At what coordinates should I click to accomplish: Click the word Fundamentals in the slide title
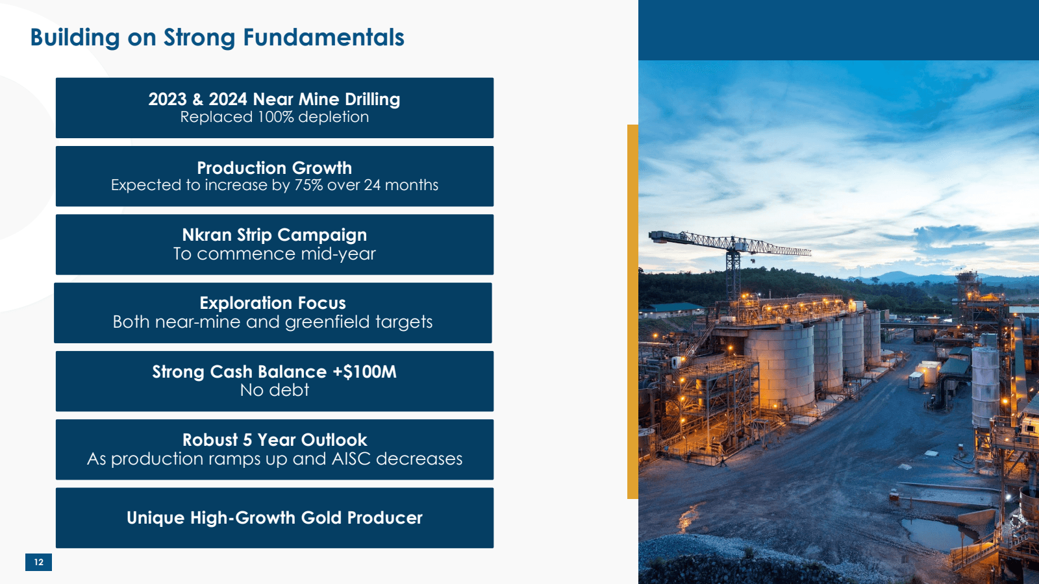click(323, 37)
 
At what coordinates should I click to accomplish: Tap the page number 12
click(38, 562)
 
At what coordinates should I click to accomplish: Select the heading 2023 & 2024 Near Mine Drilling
click(274, 99)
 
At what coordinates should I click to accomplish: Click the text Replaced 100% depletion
click(274, 117)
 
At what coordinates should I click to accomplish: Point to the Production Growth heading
click(274, 168)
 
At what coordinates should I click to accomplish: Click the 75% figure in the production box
click(308, 185)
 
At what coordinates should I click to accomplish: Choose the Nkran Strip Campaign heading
click(274, 235)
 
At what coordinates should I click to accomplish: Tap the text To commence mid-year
click(274, 254)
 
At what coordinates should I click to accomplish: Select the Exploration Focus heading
click(273, 303)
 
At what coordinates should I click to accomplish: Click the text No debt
click(274, 390)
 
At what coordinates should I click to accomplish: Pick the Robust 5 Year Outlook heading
click(274, 440)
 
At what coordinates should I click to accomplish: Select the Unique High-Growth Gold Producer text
click(274, 518)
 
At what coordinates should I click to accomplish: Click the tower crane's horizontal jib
click(730, 243)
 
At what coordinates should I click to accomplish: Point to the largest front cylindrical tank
click(780, 365)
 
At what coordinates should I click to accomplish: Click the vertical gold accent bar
click(632, 311)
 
